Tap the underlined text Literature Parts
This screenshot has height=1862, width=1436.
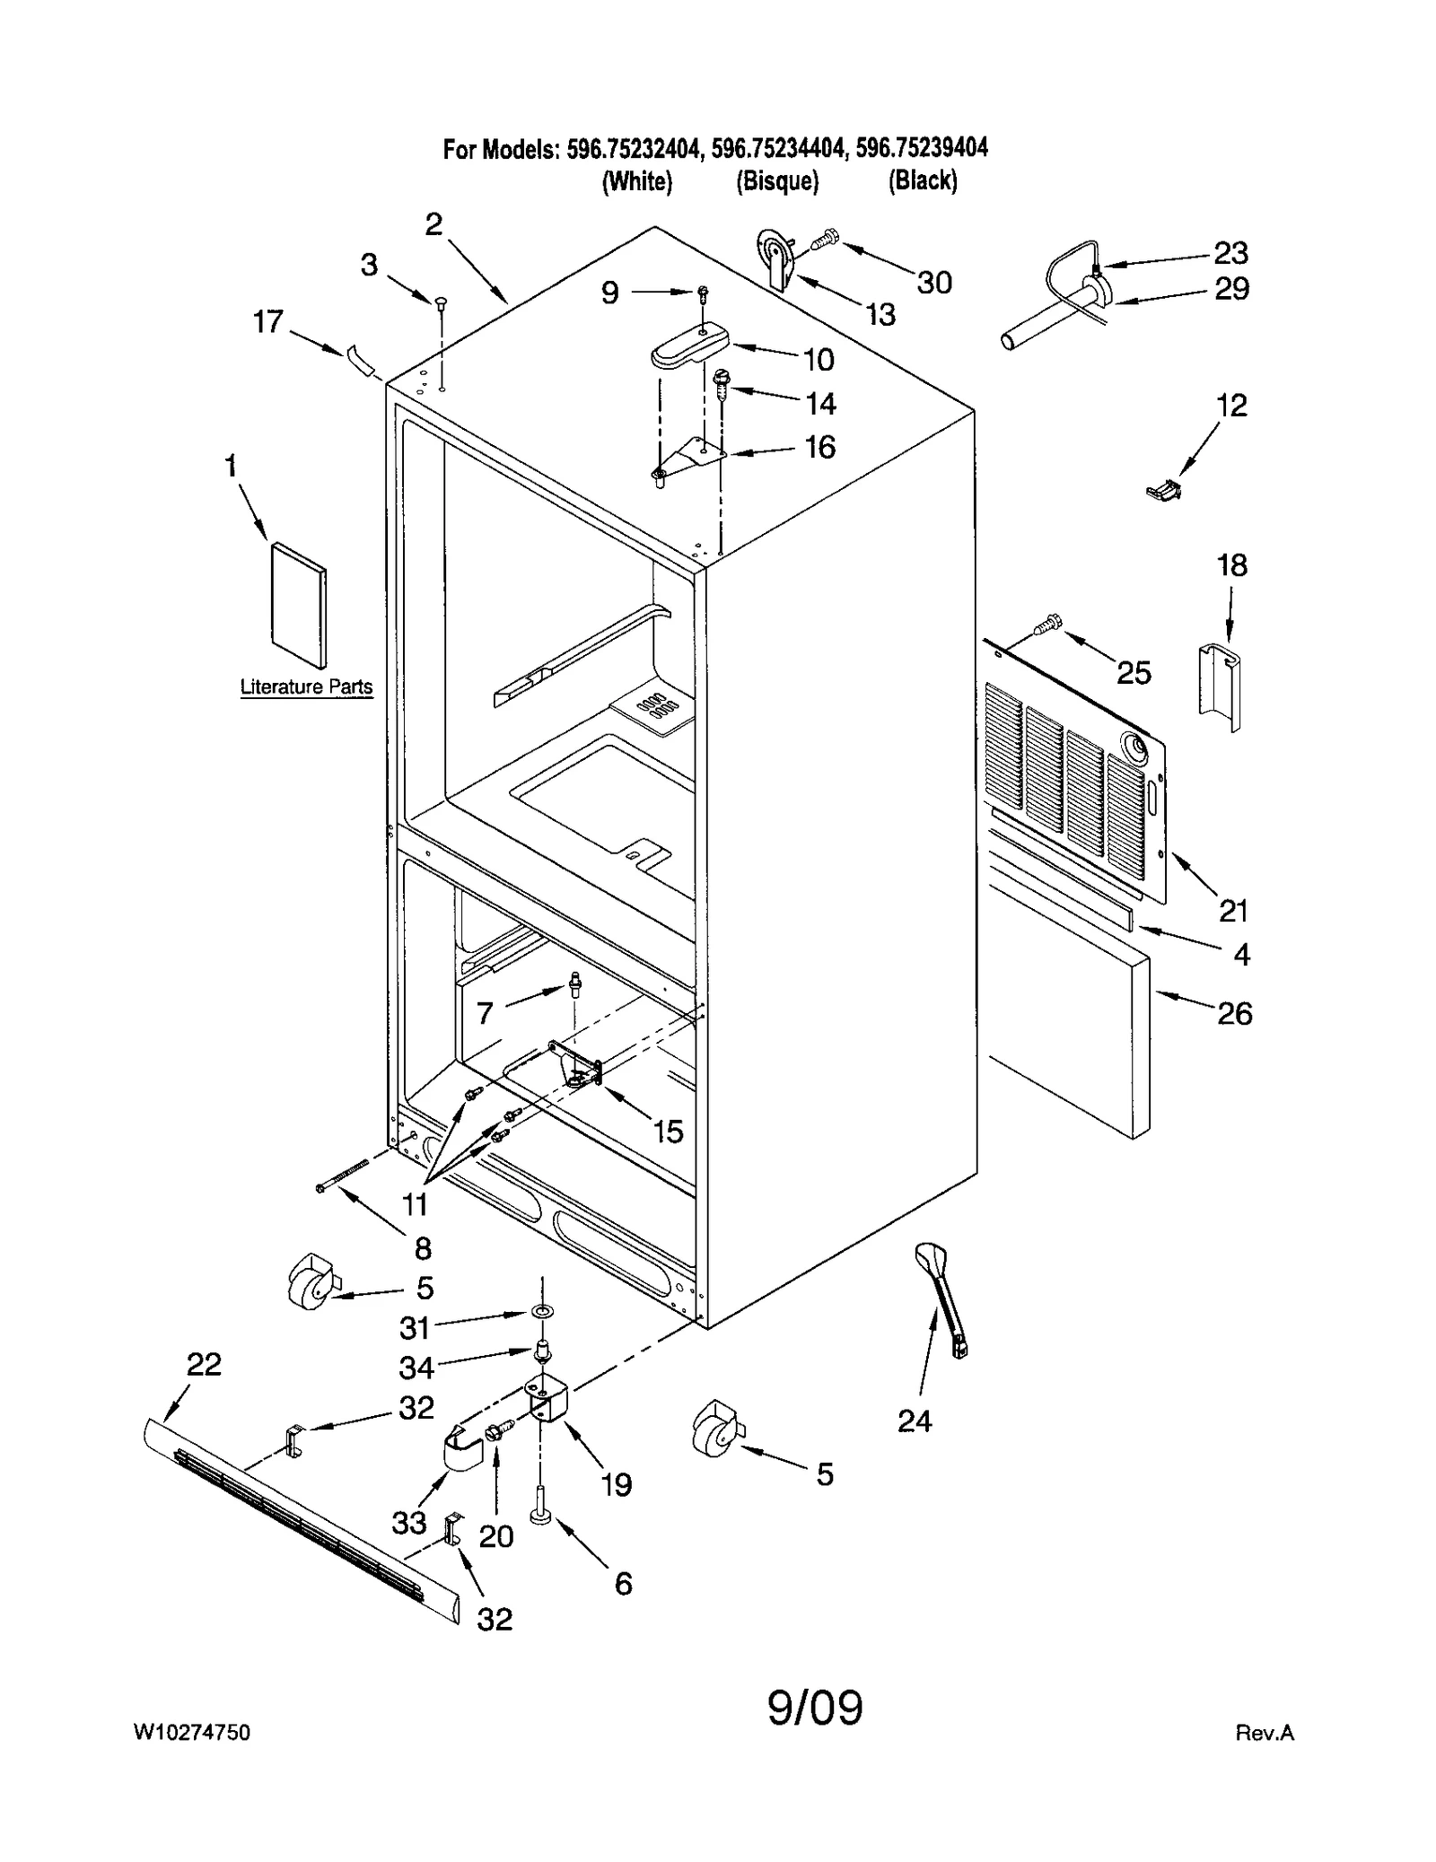(306, 686)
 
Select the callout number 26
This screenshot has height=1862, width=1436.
(1234, 1013)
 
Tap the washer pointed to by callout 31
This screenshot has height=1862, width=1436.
(541, 1313)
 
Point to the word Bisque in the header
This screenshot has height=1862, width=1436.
(777, 181)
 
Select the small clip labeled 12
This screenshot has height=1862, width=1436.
(1164, 489)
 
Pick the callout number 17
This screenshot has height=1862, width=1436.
(267, 321)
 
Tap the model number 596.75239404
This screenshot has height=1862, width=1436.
(922, 148)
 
